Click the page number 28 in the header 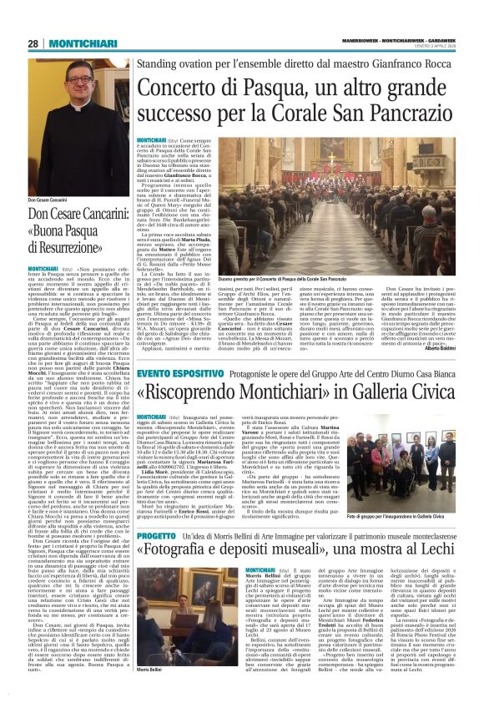coord(33,43)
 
